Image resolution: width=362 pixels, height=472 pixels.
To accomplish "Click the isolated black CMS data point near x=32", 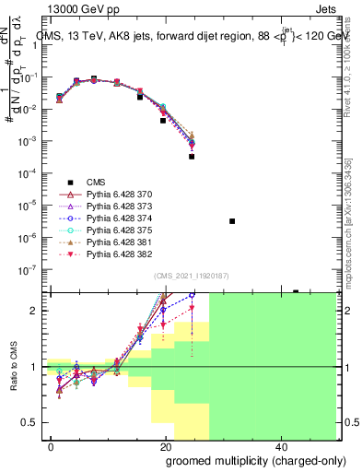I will [232, 221].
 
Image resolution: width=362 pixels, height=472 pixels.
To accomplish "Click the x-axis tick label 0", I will [52, 445].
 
